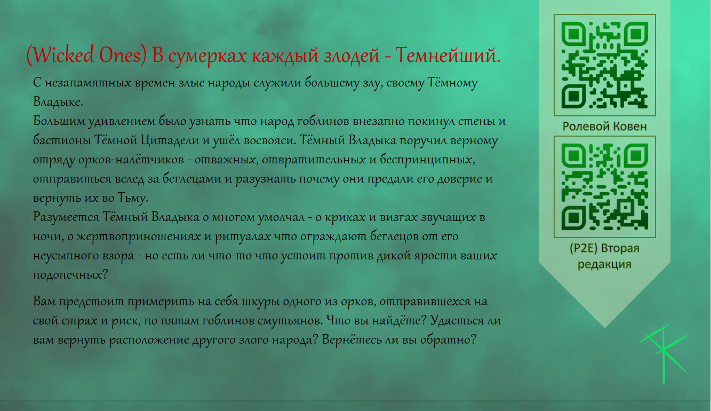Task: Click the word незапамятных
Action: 88,83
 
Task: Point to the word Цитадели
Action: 170,140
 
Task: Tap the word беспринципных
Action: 427,160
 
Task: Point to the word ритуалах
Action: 243,236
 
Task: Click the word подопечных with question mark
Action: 70,275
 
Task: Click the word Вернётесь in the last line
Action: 351,339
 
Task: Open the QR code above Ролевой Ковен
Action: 605,65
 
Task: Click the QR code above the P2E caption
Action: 605,187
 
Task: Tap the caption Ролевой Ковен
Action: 604,127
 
